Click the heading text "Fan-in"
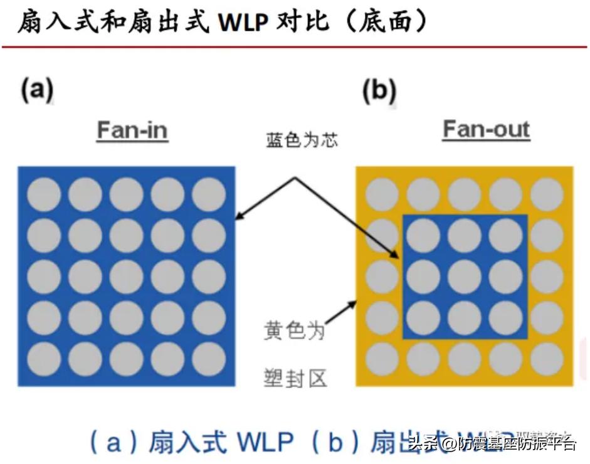(132, 130)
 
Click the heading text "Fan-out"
(486, 129)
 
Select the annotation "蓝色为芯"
(302, 140)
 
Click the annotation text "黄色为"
(294, 329)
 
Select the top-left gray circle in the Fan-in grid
(44, 194)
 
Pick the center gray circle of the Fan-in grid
(127, 276)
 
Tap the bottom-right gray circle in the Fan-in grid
(209, 359)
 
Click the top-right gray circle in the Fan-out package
(547, 194)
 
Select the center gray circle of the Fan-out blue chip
(465, 276)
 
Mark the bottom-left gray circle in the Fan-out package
(382, 359)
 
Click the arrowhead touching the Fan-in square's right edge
(238, 218)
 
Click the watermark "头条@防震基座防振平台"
(492, 445)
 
